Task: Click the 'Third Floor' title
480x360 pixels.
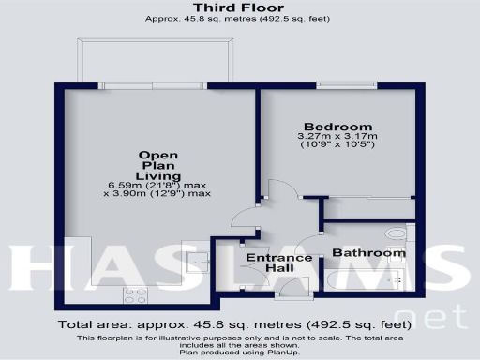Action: [x=239, y=8]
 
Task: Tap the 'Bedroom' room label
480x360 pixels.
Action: [x=338, y=127]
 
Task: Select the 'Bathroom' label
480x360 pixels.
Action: [x=369, y=253]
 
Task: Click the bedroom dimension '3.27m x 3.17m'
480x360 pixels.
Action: [x=338, y=139]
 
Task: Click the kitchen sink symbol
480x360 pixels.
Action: [x=198, y=259]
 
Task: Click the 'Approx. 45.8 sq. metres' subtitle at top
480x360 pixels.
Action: [x=239, y=19]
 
